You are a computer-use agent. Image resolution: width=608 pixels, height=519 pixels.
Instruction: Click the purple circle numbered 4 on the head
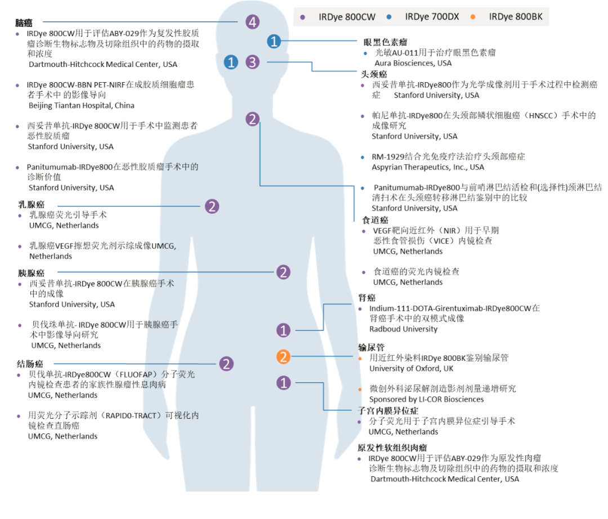[x=253, y=23]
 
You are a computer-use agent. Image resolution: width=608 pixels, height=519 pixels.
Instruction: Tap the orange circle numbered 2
[x=284, y=356]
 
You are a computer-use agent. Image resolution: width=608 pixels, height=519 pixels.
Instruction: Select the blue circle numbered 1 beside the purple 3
[x=231, y=62]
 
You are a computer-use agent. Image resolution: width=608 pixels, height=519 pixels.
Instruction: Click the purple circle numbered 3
[x=253, y=62]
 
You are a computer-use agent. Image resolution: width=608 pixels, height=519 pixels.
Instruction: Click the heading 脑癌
[x=24, y=23]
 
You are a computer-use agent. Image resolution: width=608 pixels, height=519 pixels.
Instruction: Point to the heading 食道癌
[x=375, y=220]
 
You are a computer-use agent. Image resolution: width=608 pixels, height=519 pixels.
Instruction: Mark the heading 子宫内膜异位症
[x=388, y=410]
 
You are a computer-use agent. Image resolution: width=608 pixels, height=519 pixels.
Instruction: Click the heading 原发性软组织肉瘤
[x=392, y=448]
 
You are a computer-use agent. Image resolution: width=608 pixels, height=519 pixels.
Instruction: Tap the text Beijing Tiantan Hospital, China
[x=82, y=105]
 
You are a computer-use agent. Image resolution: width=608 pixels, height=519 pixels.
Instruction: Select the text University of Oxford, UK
[x=411, y=369]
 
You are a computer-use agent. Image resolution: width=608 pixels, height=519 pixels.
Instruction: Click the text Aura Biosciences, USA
[x=413, y=63]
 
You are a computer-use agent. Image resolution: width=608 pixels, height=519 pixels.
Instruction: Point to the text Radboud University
[x=403, y=329]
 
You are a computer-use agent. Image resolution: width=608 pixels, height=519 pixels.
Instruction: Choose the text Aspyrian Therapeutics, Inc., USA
[x=428, y=167]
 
